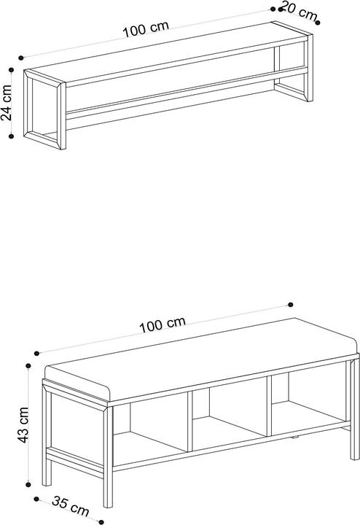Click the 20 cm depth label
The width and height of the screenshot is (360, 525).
point(299,11)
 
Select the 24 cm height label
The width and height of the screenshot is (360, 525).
point(6,103)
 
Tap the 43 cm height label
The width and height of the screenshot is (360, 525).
point(23,424)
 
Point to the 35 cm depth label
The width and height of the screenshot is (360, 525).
point(71,505)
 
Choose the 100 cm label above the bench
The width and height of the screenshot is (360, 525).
point(162,324)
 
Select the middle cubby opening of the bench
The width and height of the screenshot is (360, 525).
point(230,414)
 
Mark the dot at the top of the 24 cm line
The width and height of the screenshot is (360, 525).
point(11,70)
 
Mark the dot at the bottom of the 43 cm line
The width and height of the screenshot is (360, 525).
point(28,484)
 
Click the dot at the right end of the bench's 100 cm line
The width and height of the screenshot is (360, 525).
point(291,305)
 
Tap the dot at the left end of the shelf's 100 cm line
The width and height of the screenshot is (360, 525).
point(21,58)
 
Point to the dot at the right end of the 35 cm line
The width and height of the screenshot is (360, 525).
point(101,522)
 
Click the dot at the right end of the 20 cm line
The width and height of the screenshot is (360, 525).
point(318,23)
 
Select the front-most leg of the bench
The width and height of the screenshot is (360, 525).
point(108,457)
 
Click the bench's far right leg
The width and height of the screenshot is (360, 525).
point(355,409)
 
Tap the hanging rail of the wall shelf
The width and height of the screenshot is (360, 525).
point(187,91)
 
